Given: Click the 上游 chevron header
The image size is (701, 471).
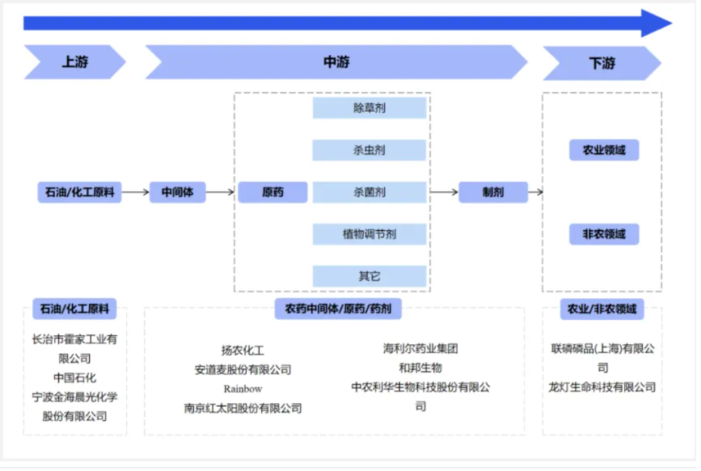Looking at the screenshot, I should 75,62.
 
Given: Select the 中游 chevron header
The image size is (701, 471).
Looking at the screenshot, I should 336,62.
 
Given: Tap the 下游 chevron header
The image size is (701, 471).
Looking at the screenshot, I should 601,63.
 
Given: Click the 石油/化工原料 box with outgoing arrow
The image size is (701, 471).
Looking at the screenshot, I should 79,193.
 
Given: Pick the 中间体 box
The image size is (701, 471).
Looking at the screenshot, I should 177,193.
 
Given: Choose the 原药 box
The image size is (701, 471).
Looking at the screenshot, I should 272,193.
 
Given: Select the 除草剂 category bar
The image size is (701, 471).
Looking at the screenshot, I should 369,108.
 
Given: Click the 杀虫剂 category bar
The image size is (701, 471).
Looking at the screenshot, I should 369,150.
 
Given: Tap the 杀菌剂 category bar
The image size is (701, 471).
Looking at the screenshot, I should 369,193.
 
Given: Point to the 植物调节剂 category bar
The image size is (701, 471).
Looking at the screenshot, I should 369,234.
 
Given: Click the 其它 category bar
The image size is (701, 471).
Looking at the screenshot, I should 369,276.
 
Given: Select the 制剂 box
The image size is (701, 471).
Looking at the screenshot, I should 493,193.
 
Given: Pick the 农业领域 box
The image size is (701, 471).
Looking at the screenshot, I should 604,150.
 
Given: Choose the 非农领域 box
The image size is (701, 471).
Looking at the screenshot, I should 604,234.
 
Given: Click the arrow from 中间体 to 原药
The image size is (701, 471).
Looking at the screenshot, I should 220,193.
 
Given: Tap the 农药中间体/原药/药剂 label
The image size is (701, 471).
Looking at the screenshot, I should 338,309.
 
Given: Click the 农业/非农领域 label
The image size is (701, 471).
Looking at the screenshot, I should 602,309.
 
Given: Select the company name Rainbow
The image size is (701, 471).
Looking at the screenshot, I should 243,389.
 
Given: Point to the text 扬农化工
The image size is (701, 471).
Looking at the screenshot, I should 243,350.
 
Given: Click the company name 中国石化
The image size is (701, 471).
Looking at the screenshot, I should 75,377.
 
